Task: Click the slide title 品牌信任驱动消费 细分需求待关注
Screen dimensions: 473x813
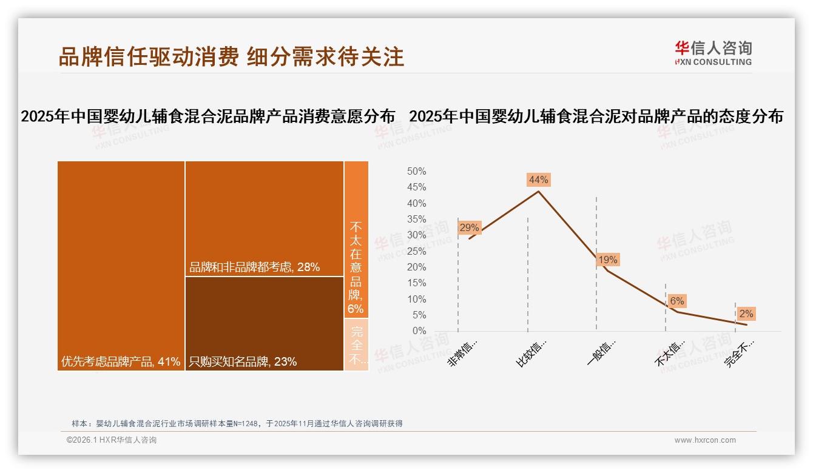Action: click(231, 56)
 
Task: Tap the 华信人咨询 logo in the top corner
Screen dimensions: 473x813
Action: click(713, 53)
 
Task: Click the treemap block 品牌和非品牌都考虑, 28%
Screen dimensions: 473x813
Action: click(264, 218)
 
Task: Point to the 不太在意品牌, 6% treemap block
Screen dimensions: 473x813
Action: click(356, 240)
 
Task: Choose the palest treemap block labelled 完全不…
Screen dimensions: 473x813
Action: click(356, 344)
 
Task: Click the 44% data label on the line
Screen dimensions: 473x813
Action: click(538, 179)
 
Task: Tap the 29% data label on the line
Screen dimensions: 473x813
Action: click(469, 228)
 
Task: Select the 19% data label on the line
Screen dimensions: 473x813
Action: click(607, 260)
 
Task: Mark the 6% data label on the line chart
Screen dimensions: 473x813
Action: click(677, 301)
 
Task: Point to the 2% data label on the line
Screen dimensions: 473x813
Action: click(746, 314)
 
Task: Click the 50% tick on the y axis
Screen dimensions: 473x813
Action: click(416, 172)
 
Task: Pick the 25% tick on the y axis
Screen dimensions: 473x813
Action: click(416, 251)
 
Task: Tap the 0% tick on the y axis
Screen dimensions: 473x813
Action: click(419, 331)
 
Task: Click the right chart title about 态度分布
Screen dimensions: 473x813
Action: click(596, 116)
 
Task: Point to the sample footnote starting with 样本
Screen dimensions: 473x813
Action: click(237, 423)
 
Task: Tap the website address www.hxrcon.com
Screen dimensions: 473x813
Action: click(704, 440)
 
